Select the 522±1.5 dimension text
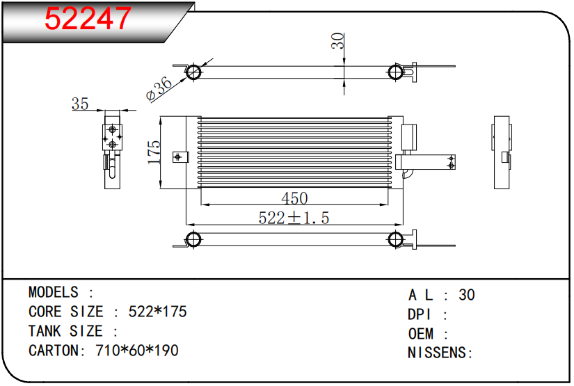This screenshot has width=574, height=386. (x=294, y=218)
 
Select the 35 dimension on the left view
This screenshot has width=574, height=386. (x=80, y=104)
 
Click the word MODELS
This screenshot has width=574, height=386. (x=54, y=292)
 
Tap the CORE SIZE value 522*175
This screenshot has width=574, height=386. (x=158, y=312)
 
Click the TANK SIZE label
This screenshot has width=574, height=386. (x=65, y=331)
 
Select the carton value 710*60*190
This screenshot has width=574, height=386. (x=136, y=351)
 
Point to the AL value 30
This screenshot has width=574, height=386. (x=467, y=295)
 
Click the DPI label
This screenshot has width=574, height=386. (x=420, y=314)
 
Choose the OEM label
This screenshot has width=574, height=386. (x=420, y=334)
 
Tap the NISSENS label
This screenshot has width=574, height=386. (x=437, y=353)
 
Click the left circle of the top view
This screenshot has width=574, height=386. (x=193, y=72)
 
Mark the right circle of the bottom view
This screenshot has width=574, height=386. (x=395, y=240)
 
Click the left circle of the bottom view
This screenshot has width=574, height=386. (x=193, y=240)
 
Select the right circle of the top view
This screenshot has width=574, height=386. (x=395, y=72)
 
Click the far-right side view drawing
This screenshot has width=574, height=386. (x=502, y=152)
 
